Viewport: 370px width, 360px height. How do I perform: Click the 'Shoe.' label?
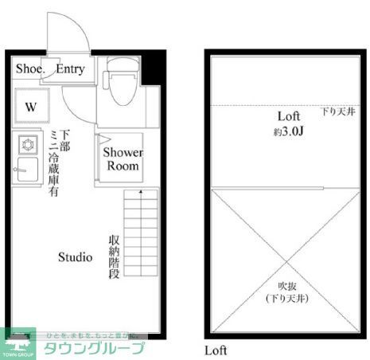30,68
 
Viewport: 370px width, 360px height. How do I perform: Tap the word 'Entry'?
70,68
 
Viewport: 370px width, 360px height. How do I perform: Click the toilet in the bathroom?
122,86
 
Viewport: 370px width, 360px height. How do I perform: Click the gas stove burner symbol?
27,145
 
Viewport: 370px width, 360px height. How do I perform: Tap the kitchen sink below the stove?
26,170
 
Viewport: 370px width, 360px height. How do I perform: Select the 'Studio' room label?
75,257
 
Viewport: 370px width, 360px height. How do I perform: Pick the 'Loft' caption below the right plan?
216,350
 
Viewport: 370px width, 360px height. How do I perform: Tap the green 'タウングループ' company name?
95,347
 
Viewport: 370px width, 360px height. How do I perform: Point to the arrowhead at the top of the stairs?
141,192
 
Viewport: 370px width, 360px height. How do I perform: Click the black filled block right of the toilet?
154,72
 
